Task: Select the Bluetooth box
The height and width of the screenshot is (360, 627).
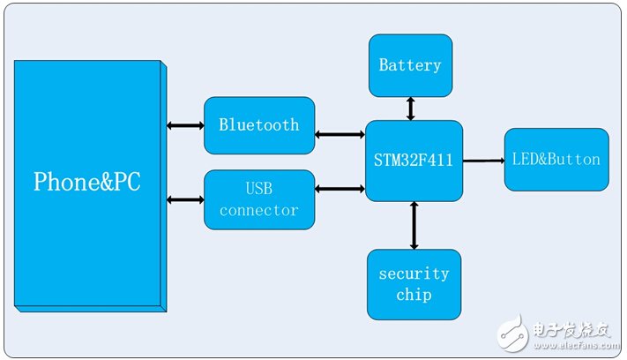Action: tap(259, 124)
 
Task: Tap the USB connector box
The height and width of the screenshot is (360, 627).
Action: tap(259, 199)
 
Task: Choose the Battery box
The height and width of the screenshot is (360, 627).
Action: tap(410, 65)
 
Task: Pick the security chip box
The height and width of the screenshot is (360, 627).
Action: tap(414, 284)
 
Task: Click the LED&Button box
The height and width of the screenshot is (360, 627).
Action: tap(556, 160)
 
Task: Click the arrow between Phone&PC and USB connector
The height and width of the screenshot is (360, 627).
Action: tap(184, 199)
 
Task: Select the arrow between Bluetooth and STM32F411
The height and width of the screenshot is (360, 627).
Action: tap(340, 135)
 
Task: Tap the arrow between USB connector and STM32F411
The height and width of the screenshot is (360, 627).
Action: tap(340, 188)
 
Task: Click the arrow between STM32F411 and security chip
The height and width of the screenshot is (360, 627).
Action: tap(413, 225)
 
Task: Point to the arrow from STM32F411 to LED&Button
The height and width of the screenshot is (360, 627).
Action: tap(482, 161)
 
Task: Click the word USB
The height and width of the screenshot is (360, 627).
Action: tap(259, 190)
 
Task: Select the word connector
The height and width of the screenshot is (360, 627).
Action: tap(259, 210)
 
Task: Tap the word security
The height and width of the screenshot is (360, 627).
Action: tap(414, 274)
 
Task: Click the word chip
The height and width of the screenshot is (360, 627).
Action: tap(414, 295)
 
